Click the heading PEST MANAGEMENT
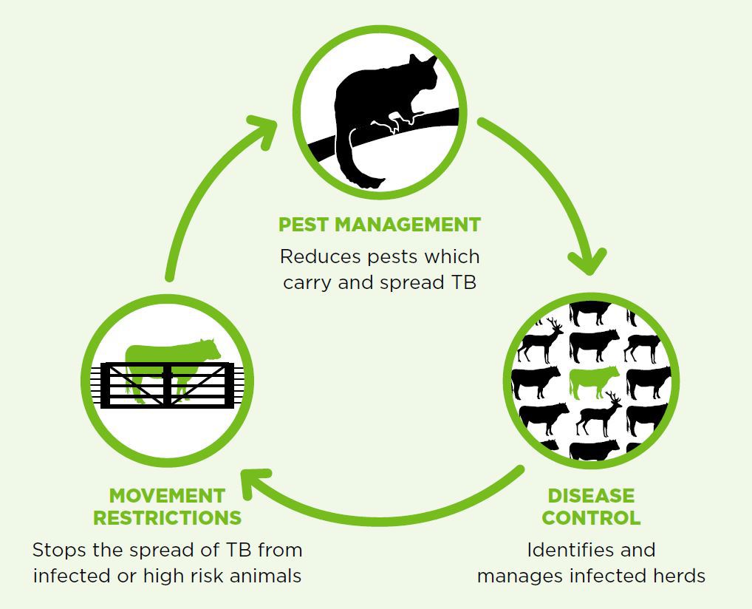coord(380,224)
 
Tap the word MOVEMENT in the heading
coord(167,495)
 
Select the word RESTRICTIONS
coord(167,517)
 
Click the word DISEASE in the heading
coord(591,495)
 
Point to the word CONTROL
coord(591,517)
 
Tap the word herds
coord(679,576)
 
